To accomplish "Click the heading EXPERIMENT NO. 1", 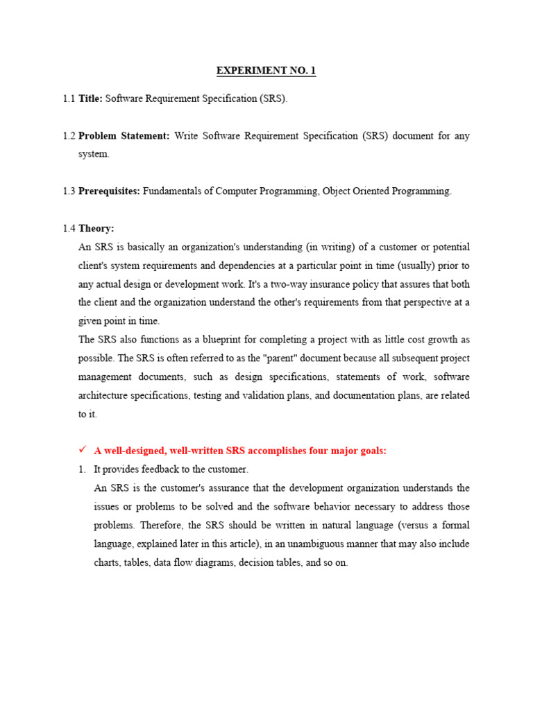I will (266, 71).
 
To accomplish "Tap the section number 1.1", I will (69, 98).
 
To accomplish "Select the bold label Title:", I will (90, 98).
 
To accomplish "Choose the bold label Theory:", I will (96, 228).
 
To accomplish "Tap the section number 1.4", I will (69, 228).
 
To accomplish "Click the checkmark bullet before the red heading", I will (82, 451).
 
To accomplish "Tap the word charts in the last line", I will (107, 563).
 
